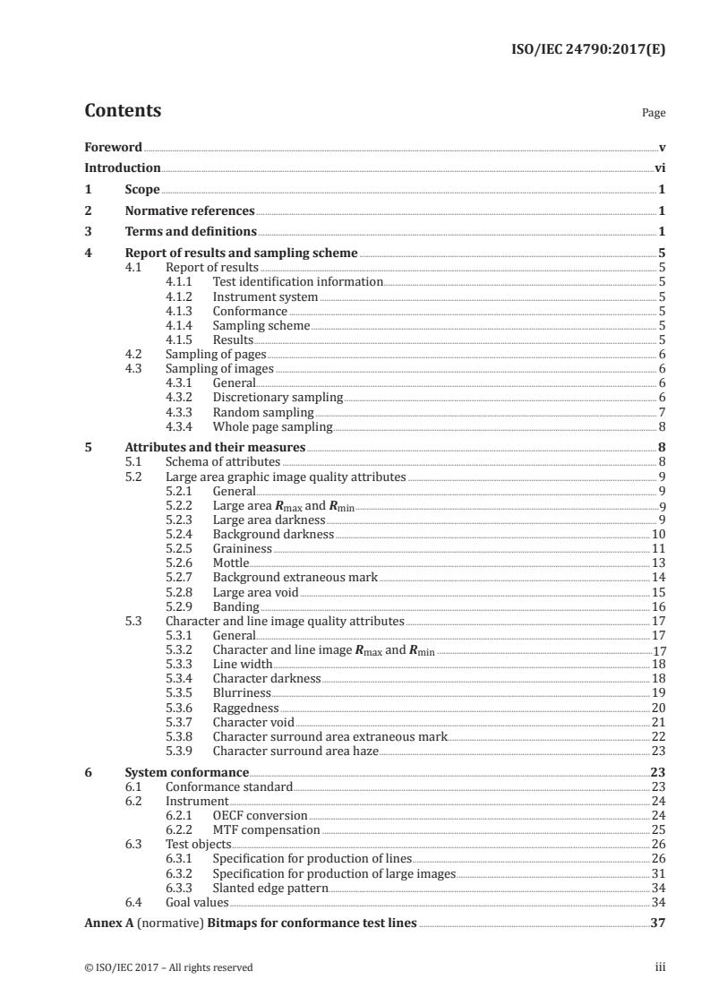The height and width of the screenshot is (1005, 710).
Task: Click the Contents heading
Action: pyautogui.click(x=123, y=111)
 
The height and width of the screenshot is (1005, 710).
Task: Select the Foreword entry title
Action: pyautogui.click(x=113, y=147)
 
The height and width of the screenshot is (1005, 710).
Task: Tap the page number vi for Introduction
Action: pyautogui.click(x=659, y=167)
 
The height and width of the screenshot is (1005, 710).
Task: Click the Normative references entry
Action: pyautogui.click(x=190, y=211)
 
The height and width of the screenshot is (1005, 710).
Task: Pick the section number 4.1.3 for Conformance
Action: pyautogui.click(x=182, y=311)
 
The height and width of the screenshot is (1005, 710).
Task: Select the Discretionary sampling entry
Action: pyautogui.click(x=278, y=397)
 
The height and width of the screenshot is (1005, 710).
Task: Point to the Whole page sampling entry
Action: pyautogui.click(x=272, y=426)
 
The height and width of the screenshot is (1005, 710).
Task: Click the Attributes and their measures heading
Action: pyautogui.click(x=215, y=447)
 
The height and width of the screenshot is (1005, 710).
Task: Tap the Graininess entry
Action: pyautogui.click(x=242, y=547)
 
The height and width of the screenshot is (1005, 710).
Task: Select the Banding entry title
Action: pyautogui.click(x=236, y=606)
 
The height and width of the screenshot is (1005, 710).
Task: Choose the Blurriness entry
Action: pyautogui.click(x=243, y=692)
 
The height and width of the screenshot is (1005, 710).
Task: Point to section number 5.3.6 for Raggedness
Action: pyautogui.click(x=182, y=708)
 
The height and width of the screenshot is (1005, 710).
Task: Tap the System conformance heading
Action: pyautogui.click(x=186, y=771)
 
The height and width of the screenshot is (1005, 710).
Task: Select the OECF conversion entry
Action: pyautogui.click(x=260, y=815)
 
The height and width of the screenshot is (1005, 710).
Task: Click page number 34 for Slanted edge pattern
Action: pyautogui.click(x=657, y=888)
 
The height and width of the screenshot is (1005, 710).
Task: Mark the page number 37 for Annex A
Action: pyautogui.click(x=657, y=923)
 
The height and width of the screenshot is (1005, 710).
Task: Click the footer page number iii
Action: pyautogui.click(x=659, y=967)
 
